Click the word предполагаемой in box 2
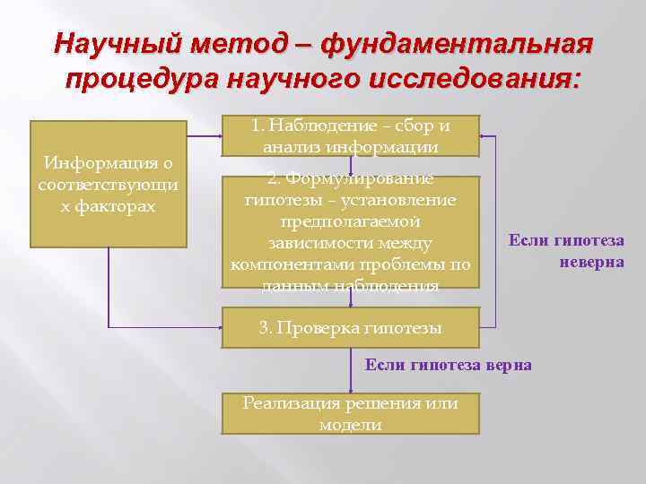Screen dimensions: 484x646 pos(351,221)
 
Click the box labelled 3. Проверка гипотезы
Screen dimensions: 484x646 pos(351,328)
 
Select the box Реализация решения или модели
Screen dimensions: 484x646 pos(351,414)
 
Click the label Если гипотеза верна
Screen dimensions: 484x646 pos(448,365)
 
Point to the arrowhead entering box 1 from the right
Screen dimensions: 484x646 pos(484,136)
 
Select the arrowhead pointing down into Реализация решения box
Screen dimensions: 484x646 pos(351,389)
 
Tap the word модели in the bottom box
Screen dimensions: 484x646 pos(351,425)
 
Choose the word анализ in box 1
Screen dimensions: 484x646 pos(287,146)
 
